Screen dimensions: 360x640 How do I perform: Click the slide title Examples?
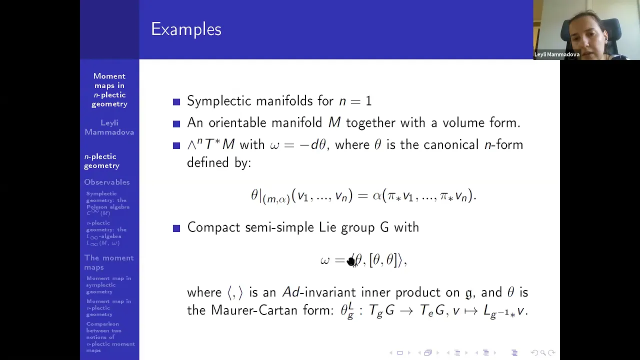click(x=186, y=29)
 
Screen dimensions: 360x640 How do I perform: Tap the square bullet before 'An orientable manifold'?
click(x=176, y=123)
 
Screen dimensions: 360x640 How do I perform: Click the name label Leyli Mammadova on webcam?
click(x=556, y=54)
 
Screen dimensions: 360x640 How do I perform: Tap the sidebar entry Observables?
click(x=106, y=182)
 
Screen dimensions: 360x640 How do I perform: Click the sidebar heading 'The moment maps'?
click(x=108, y=262)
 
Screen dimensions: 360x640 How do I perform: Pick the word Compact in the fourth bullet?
click(x=213, y=227)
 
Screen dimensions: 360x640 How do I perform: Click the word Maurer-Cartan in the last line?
click(x=255, y=310)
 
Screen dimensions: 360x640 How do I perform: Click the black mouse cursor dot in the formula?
click(x=351, y=261)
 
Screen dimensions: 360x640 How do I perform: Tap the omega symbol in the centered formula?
click(x=325, y=260)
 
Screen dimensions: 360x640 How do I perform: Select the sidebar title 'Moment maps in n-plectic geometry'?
click(x=109, y=90)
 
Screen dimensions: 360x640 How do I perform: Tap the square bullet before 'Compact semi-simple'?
click(x=176, y=228)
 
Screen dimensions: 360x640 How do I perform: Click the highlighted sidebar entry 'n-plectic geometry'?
click(x=101, y=161)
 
